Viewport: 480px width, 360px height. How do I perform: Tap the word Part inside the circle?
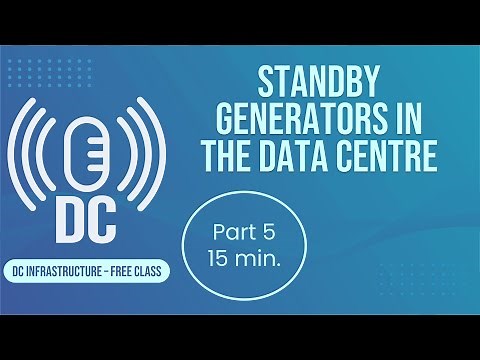[231, 232]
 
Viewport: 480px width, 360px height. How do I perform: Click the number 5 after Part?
[267, 232]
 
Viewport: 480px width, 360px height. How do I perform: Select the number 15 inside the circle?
[221, 259]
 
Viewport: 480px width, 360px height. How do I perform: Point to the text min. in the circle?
[256, 259]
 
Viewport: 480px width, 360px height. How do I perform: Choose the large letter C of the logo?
[106, 218]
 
